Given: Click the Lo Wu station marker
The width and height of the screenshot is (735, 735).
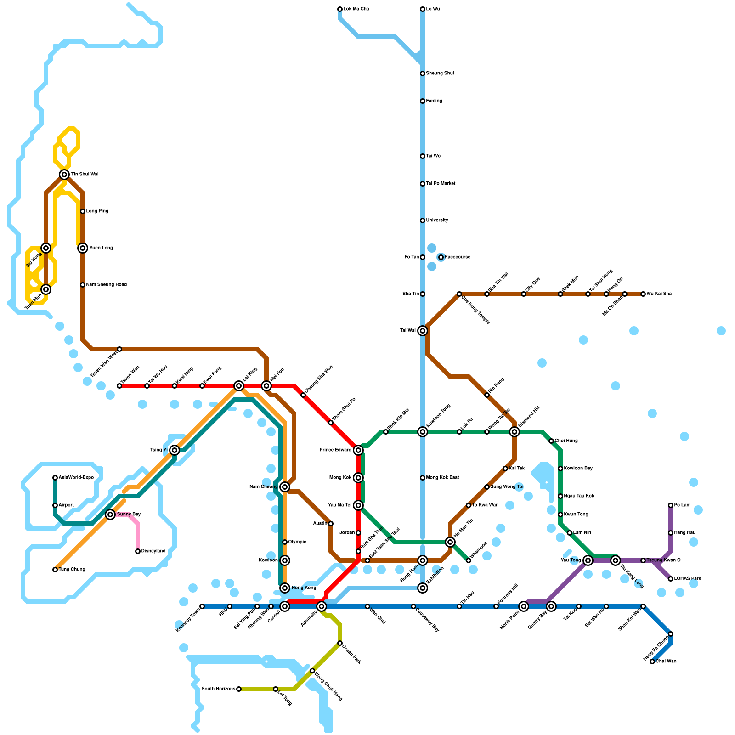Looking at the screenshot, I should tap(423, 9).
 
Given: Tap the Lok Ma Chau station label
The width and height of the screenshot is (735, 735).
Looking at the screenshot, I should tap(356, 9).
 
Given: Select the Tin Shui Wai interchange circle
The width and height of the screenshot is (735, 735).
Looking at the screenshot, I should tap(64, 175).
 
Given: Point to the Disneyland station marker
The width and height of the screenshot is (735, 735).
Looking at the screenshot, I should tap(138, 551).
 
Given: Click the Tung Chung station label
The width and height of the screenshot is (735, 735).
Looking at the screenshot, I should tap(72, 570).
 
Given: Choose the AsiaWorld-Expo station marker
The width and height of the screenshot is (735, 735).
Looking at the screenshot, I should tap(55, 478).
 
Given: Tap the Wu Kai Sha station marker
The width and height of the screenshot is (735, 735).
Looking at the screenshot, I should tap(643, 294).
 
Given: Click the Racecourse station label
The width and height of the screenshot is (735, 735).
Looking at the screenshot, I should tap(457, 257).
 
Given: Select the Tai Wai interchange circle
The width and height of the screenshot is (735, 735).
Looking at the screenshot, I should tap(423, 331).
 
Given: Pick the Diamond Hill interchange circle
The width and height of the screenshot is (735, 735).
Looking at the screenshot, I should tap(514, 432).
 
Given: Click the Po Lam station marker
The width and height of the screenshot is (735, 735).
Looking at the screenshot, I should tap(671, 505).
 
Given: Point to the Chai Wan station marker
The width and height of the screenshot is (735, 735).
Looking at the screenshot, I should tap(652, 661).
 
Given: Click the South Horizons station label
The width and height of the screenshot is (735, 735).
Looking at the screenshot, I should tap(218, 689).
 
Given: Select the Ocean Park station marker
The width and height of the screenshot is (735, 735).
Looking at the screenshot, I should tap(340, 643).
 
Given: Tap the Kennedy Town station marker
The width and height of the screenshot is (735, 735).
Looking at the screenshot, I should tap(202, 606).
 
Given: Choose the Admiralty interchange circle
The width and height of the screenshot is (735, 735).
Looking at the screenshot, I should tap(322, 606).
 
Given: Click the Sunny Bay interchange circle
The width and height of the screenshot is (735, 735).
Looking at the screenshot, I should tap(110, 514).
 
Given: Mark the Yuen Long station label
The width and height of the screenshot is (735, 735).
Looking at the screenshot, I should tap(101, 248).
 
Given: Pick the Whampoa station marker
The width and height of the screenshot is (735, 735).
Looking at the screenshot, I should tap(469, 560).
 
